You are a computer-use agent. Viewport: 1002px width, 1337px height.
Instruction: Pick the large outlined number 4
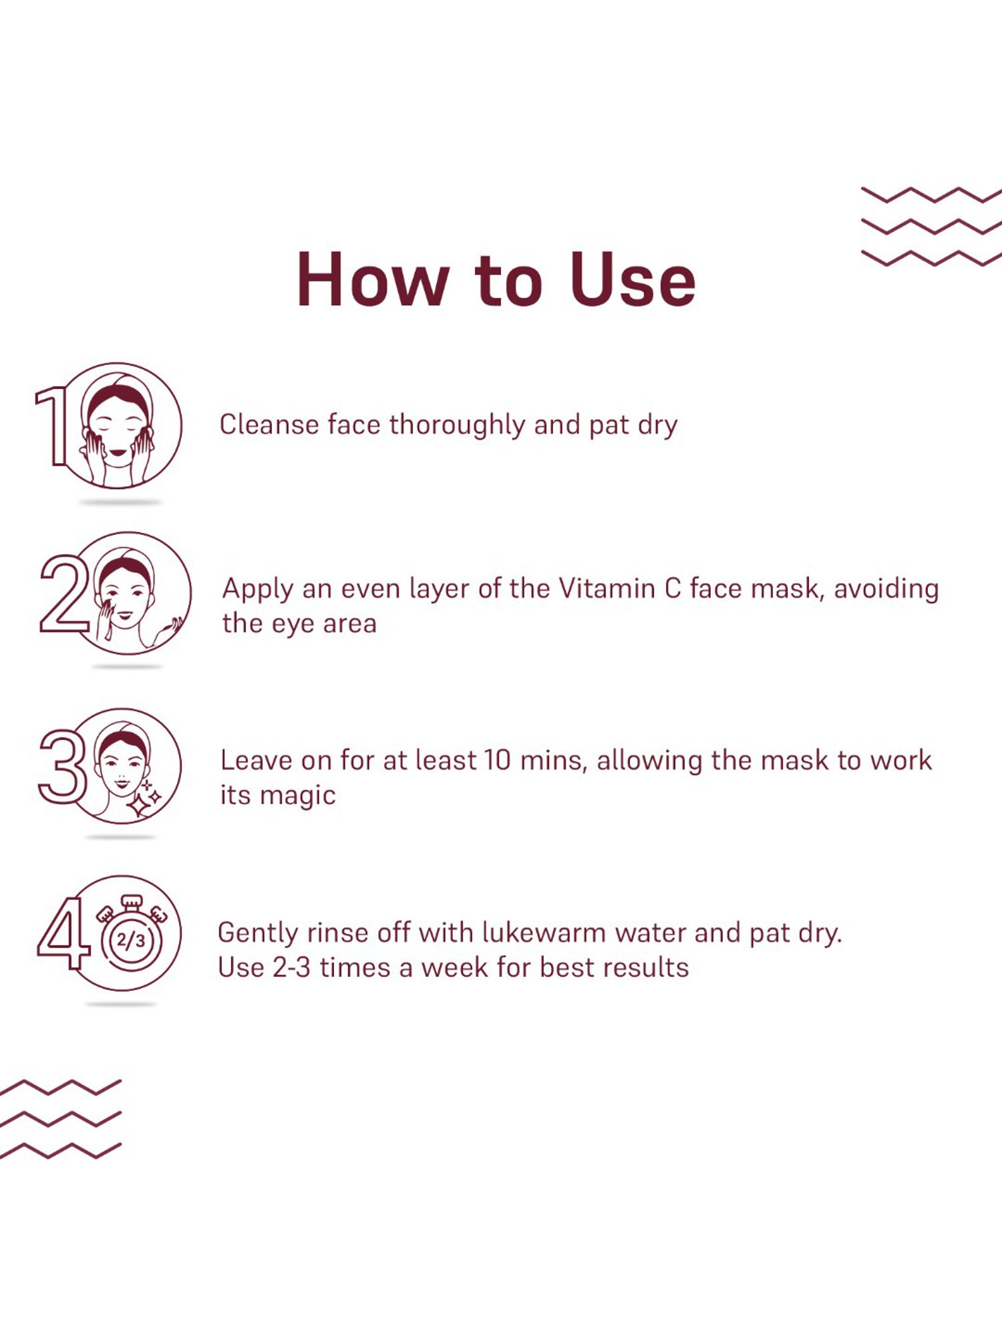tap(63, 933)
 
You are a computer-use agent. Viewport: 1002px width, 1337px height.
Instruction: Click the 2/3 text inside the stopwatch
tap(131, 941)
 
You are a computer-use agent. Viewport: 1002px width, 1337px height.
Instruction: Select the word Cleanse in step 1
tap(269, 425)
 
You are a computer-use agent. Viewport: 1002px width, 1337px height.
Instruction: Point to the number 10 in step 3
tap(498, 761)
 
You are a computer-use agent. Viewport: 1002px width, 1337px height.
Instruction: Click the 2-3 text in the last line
tap(292, 968)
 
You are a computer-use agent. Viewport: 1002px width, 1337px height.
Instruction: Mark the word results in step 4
tap(651, 968)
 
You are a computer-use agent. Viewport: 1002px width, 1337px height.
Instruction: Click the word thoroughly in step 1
tap(457, 425)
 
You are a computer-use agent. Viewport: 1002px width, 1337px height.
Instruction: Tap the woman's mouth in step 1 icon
tap(118, 453)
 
